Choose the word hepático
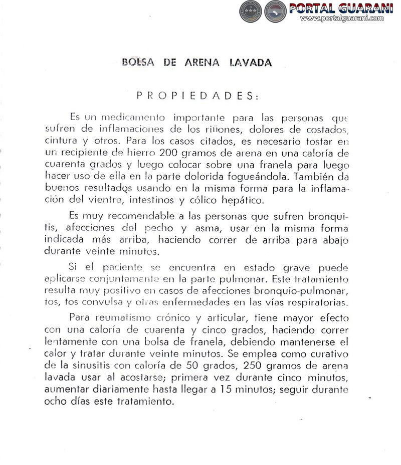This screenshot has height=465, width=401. click(242, 200)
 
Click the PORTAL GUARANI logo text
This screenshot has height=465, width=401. click(344, 9)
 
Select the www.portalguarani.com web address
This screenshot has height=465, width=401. click(342, 19)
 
